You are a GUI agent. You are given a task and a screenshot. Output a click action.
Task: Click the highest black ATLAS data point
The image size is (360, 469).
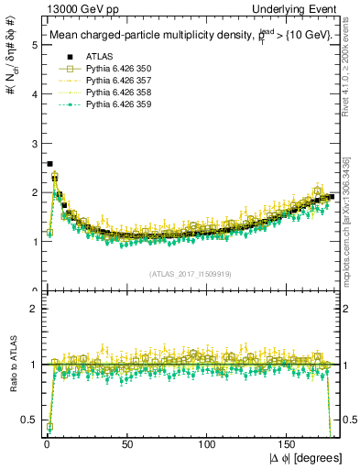(x=49, y=164)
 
